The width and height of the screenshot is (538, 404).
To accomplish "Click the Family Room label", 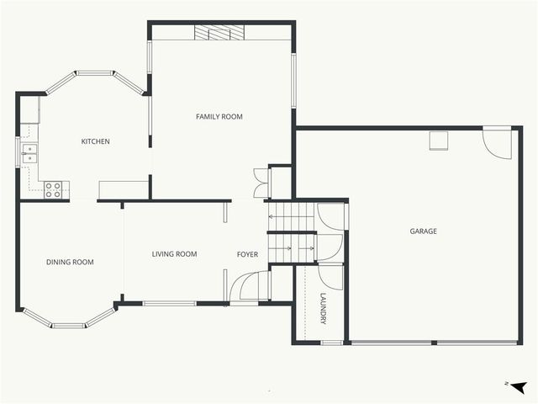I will [x=219, y=117].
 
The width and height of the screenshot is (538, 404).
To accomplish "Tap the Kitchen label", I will [x=95, y=141].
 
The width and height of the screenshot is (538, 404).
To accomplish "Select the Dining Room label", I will [x=70, y=263].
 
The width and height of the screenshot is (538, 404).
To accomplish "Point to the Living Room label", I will [x=174, y=254].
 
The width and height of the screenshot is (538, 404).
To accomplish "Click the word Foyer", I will [x=247, y=254].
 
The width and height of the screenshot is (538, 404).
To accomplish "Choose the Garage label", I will [x=423, y=231].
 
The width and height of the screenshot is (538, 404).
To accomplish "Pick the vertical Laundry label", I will [x=324, y=309].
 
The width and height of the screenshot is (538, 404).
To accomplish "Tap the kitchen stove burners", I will [x=53, y=190].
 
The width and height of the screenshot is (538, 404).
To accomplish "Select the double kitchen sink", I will [x=29, y=153].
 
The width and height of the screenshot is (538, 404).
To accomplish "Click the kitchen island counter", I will [x=123, y=189].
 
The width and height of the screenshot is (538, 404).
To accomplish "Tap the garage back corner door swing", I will [x=498, y=142].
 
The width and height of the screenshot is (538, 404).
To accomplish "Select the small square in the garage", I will [x=438, y=140].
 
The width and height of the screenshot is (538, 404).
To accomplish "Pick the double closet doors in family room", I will [x=261, y=183].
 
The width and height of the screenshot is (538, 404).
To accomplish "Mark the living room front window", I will [x=170, y=303].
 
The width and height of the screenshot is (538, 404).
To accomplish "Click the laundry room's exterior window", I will [x=332, y=343].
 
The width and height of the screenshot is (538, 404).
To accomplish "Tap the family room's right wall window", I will [x=293, y=82].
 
